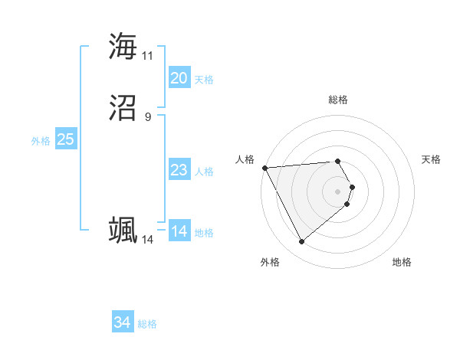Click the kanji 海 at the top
pos(123,47)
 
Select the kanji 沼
pos(123,108)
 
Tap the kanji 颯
pos(123,231)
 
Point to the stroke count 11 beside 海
pos(147,56)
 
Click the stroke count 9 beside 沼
pos(147,117)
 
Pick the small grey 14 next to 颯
pos(147,240)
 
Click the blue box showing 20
pos(179,78)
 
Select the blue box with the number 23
pos(179,170)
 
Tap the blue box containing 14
pos(179,231)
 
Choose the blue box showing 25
pos(65,139)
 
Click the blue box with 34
pos(122,322)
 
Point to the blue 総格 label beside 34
pos(147,324)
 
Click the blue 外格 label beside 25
pos(41,141)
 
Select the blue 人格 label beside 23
pos(204,172)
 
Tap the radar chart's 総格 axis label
pos(337,100)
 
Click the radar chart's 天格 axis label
pos(431,159)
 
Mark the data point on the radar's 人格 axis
pos(264,168)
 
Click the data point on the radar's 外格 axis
pos(301,242)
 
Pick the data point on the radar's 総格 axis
pos(337,161)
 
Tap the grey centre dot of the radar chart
pos(337,191)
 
